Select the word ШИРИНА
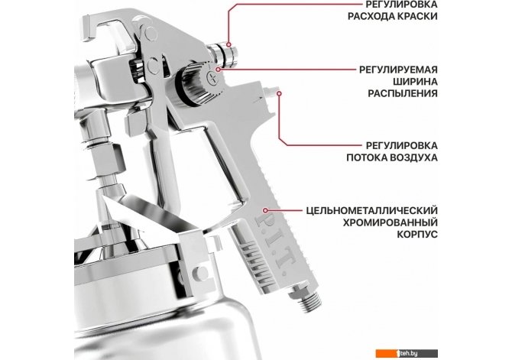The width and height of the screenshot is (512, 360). [x=414, y=82]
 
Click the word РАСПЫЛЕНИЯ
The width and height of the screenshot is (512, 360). [x=403, y=94]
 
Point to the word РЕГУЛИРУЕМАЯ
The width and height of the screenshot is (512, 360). [x=398, y=70]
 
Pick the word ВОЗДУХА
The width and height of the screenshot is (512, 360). [x=414, y=157]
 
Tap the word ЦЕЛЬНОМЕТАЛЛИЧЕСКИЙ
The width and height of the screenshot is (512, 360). [x=372, y=211]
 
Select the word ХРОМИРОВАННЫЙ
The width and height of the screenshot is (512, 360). [x=390, y=222]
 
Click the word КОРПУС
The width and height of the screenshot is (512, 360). [x=417, y=235]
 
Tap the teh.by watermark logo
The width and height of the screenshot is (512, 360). [x=407, y=353]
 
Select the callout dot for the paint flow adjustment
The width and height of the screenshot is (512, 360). [x=229, y=45]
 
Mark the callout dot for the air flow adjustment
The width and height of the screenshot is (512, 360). [x=279, y=93]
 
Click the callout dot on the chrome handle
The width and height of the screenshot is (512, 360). [x=265, y=211]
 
